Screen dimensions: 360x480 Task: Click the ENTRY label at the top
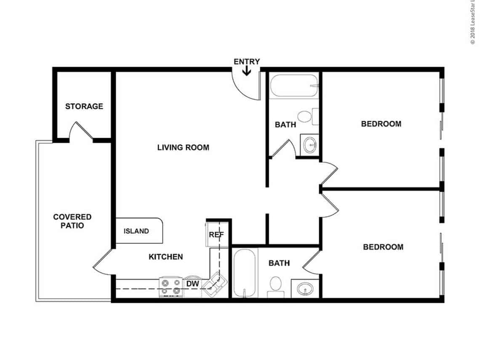247,61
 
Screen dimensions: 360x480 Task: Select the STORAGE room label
84,106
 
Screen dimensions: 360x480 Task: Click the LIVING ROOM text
183,147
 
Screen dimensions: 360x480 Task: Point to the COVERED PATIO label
72,221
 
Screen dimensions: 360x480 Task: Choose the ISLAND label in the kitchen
136,231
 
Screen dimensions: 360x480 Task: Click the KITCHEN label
165,256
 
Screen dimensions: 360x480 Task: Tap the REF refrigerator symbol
216,235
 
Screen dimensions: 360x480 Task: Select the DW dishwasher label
192,284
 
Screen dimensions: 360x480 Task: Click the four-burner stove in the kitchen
171,287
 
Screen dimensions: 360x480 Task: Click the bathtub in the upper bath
294,86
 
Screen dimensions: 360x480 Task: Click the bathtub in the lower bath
245,273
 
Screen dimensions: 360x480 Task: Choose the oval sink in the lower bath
305,289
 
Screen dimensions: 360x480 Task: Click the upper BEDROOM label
381,124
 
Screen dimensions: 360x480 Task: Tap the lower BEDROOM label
383,247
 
